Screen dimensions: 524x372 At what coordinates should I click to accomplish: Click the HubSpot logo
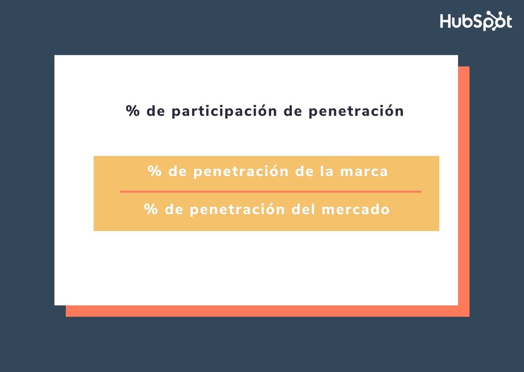pyautogui.click(x=476, y=21)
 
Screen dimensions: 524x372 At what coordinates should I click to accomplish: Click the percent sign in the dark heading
pyautogui.click(x=133, y=111)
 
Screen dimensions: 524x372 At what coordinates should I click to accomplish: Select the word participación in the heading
pyautogui.click(x=224, y=111)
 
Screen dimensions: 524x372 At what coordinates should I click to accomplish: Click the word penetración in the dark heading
pyautogui.click(x=356, y=111)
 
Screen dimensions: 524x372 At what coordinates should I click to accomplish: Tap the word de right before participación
pyautogui.click(x=156, y=111)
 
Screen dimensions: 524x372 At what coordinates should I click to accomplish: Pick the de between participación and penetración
pyautogui.click(x=293, y=111)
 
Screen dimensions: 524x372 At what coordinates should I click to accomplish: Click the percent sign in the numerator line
pyautogui.click(x=154, y=171)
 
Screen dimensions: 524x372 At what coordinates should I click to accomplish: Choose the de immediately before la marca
pyautogui.click(x=304, y=171)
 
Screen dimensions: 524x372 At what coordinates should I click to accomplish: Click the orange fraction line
pyautogui.click(x=270, y=191)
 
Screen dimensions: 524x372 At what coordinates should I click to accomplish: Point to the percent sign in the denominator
pyautogui.click(x=151, y=209)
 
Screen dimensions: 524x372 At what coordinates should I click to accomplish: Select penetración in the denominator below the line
pyautogui.click(x=237, y=209)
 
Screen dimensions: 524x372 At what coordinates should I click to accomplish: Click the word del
pyautogui.click(x=303, y=209)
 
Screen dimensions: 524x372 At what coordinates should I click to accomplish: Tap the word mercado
pyautogui.click(x=355, y=209)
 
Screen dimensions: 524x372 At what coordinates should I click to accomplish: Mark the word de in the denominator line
pyautogui.click(x=174, y=209)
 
